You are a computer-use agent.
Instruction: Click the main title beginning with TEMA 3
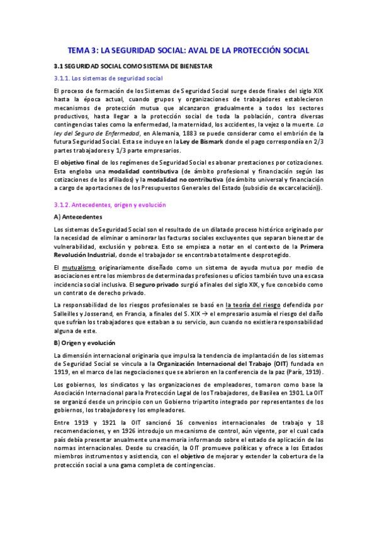pos(189,50)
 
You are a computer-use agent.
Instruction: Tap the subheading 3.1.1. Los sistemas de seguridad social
pos(108,79)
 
